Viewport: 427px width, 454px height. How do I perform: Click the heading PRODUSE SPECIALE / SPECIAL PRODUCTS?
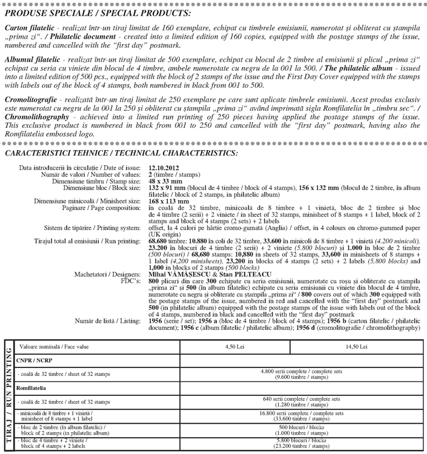[x=98, y=13]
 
